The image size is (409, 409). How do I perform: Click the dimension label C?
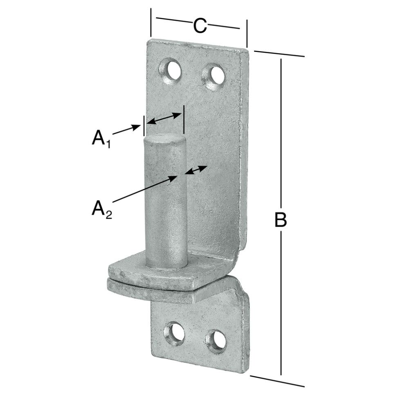coord(199,26)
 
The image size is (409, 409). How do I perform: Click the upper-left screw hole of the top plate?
coord(171,70)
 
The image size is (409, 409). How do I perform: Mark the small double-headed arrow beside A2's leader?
coord(196,170)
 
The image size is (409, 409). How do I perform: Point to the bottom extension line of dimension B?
coord(277,381)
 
